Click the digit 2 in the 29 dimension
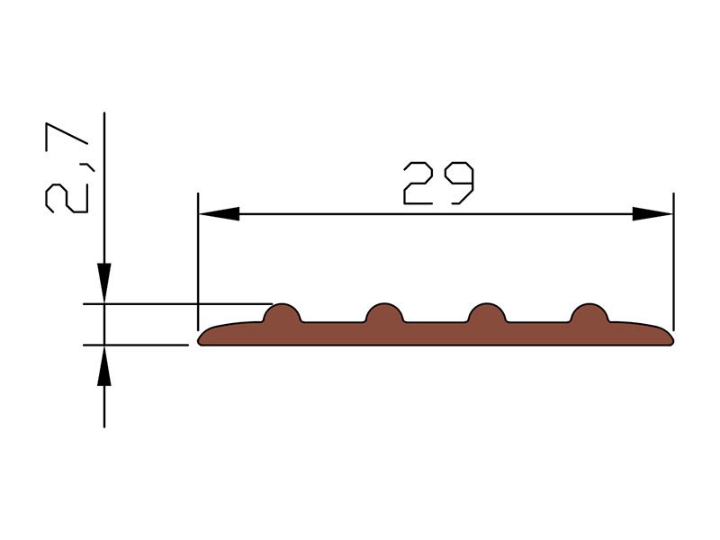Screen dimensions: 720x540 click(418, 183)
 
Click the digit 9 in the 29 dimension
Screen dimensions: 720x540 click(459, 183)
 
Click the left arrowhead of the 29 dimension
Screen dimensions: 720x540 click(219, 214)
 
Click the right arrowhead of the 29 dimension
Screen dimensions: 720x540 click(652, 214)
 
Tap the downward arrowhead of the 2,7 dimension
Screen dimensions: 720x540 click(104, 283)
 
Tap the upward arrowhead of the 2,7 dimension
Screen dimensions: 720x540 click(104, 365)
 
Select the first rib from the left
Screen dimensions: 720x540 click(282, 313)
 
